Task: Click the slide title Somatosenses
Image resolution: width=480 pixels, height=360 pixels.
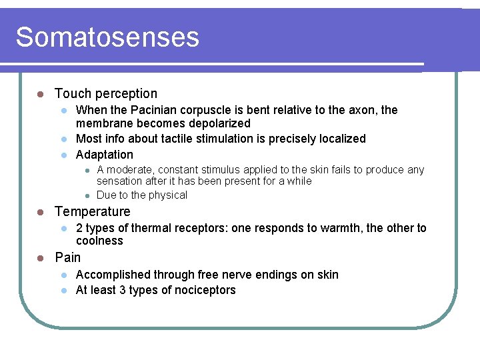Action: [107, 37]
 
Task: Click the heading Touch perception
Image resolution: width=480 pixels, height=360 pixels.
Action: [106, 94]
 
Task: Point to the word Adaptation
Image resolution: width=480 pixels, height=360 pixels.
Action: [105, 155]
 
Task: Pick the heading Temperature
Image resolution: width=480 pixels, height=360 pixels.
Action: [93, 212]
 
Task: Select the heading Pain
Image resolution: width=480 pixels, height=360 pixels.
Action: [68, 258]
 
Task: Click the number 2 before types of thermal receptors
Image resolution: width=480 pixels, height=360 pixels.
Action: [79, 229]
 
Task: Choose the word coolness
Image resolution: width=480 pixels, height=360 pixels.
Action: [99, 241]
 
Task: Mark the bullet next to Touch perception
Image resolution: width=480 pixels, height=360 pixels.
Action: [41, 94]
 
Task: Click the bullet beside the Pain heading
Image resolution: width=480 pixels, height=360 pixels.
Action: [41, 258]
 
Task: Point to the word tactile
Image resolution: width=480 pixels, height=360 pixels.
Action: [187, 139]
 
